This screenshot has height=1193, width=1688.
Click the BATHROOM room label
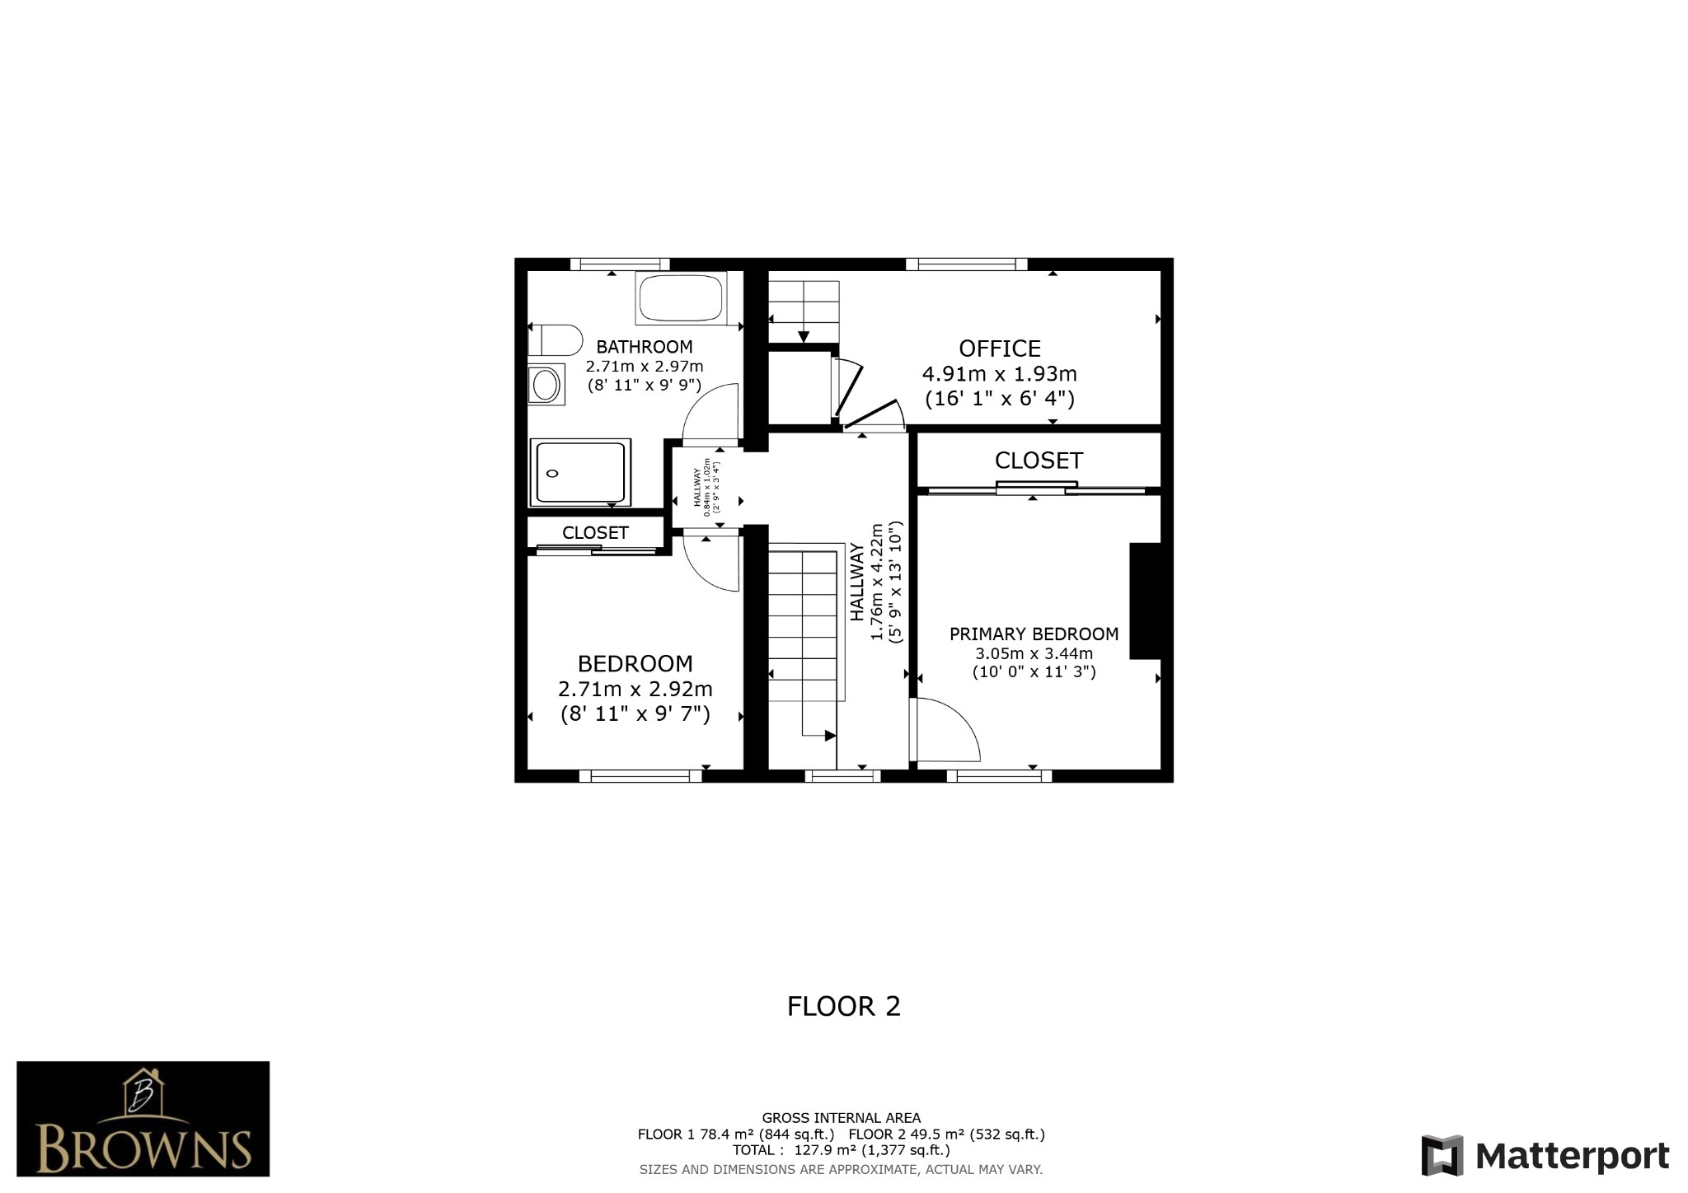[x=644, y=347]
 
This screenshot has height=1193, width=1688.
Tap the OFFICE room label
[x=999, y=349]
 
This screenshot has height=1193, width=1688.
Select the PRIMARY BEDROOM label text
[x=1034, y=634]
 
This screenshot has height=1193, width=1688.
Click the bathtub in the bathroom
[x=681, y=298]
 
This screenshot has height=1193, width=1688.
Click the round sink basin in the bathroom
[x=545, y=384]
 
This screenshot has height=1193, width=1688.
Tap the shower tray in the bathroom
[x=580, y=472]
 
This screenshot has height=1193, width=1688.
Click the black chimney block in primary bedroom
[x=1144, y=601]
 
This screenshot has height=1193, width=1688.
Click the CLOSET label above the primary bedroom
[x=1038, y=461]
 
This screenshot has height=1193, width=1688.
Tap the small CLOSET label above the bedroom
[x=595, y=533]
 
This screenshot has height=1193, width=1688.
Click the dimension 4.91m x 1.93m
[x=999, y=374]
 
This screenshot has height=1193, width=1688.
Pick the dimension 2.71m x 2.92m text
[x=635, y=689]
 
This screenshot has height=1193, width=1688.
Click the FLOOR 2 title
[x=843, y=1006]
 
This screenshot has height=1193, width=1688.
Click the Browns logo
[x=143, y=1119]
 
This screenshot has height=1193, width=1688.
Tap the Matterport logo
[x=1545, y=1155]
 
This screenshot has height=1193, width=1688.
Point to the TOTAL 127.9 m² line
[x=841, y=1150]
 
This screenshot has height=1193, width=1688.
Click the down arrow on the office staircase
[x=804, y=335]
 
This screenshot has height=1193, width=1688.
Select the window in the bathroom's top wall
[x=619, y=264]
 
